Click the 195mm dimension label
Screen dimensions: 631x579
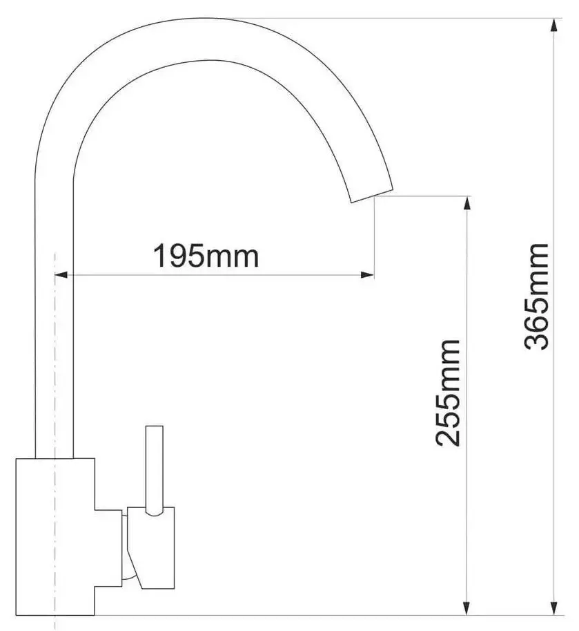pyautogui.click(x=206, y=256)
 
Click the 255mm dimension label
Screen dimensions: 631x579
pyautogui.click(x=447, y=393)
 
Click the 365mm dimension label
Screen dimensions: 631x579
pyautogui.click(x=536, y=296)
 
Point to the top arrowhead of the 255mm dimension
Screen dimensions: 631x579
pyautogui.click(x=468, y=203)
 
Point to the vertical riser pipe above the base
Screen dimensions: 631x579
pyautogui.click(x=54, y=311)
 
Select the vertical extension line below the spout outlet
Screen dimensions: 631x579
pyautogui.click(x=375, y=235)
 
